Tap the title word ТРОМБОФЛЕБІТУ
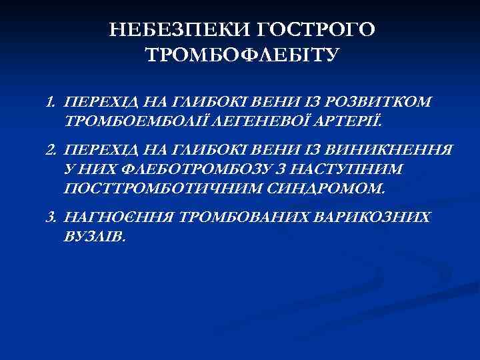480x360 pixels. (x=241, y=55)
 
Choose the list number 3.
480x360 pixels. (x=50, y=219)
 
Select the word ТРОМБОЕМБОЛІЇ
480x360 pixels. (x=124, y=121)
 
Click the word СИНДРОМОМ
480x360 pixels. (x=316, y=189)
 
